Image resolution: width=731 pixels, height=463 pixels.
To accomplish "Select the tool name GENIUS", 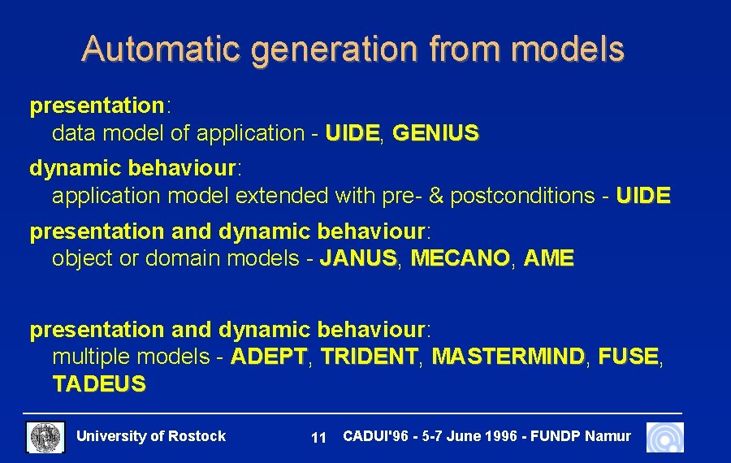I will (x=435, y=132).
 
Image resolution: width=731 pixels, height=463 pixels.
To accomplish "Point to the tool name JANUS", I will (x=358, y=259).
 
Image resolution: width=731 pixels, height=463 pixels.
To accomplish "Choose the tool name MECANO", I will (x=461, y=259).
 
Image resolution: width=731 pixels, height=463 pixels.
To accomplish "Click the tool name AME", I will (x=549, y=259).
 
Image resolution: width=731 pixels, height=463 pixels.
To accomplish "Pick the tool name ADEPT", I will (x=269, y=357).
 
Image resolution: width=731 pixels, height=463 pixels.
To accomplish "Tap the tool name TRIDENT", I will (x=369, y=357).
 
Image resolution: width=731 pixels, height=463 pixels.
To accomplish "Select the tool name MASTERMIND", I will (x=508, y=357).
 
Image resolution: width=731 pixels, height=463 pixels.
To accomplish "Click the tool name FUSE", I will (x=628, y=357).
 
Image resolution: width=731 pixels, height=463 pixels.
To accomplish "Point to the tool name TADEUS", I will (x=99, y=384).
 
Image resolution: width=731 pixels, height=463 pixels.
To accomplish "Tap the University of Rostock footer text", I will (x=151, y=436).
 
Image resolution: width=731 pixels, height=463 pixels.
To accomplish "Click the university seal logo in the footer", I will (x=45, y=437).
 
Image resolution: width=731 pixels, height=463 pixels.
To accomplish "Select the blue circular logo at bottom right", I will (x=665, y=437).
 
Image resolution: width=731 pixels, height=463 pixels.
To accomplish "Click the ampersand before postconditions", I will (x=436, y=196).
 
